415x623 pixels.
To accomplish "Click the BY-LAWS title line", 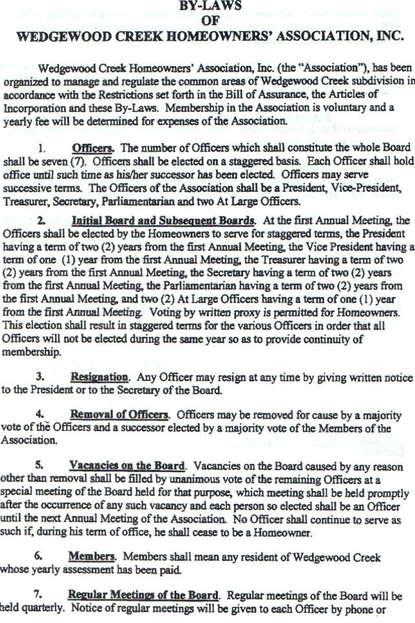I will [x=211, y=6].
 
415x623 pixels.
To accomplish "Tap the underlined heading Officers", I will [x=93, y=147].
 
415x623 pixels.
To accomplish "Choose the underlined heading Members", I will [x=91, y=557].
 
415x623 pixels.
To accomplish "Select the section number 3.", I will [x=40, y=376].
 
